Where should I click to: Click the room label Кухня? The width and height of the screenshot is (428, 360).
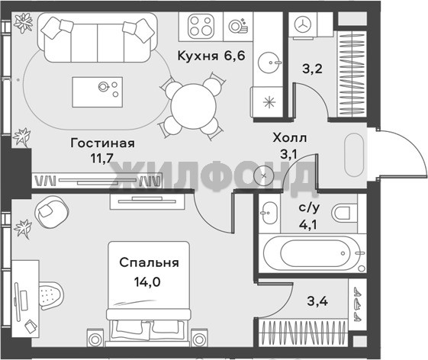coord(198,56)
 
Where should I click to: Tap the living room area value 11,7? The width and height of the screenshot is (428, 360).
coord(101,158)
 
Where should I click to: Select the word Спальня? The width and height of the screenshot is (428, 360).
coord(149,263)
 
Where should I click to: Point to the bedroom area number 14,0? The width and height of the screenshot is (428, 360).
coord(147,282)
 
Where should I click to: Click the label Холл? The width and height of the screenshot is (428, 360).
coord(290,138)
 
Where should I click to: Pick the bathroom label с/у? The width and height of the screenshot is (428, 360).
coord(309,208)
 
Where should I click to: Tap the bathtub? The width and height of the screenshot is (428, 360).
coord(312,253)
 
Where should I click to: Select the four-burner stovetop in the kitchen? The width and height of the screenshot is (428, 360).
coord(201,27)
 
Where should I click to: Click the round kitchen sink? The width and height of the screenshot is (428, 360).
coord(269,63)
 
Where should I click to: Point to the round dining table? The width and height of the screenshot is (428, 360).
coord(193,107)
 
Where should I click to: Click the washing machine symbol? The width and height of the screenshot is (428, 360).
coord(303,24)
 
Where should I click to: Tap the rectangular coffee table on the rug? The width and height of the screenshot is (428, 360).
coord(98,92)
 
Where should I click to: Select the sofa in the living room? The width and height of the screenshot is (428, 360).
coord(98,37)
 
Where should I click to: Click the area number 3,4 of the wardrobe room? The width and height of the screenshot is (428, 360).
coord(317,301)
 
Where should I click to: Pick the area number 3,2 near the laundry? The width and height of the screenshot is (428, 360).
coord(312,69)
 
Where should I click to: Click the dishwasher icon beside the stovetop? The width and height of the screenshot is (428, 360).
coord(238,26)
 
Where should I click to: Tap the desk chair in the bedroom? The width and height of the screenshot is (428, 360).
coord(51,296)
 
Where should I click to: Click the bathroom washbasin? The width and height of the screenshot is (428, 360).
coord(269,213)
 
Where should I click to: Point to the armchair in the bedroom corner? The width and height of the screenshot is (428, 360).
coord(52,212)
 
